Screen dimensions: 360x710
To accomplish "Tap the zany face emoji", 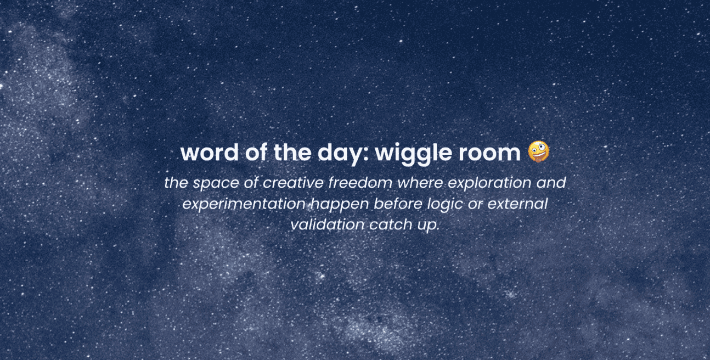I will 538,152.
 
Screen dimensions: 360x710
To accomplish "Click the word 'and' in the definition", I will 550,183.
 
